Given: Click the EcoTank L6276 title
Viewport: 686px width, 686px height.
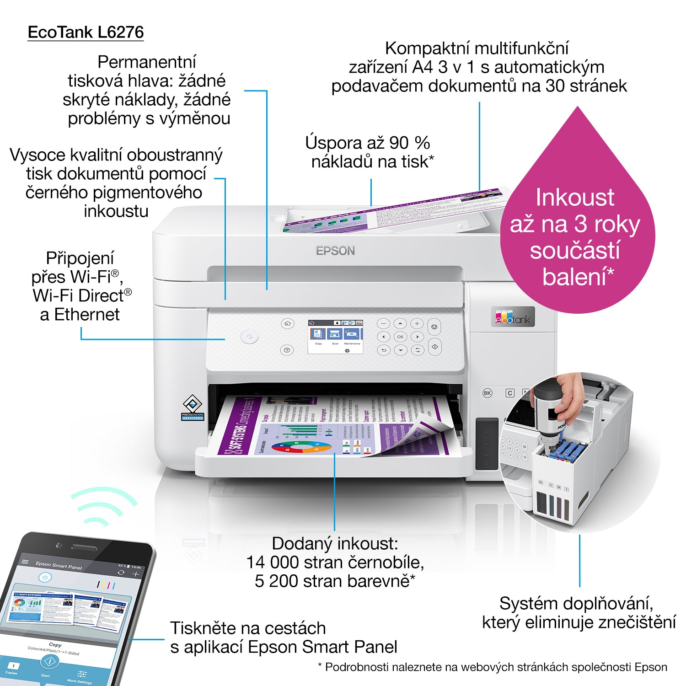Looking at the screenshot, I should pos(86,32).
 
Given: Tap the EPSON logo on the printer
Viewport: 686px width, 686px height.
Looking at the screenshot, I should pos(335,251).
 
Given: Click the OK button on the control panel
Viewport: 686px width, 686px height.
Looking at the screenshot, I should pos(400,337).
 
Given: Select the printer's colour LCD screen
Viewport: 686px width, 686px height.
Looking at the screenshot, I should pos(335,337).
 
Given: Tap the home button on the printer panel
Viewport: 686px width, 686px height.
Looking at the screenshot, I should pos(287,324).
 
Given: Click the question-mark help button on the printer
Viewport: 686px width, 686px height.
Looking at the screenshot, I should pos(287,350).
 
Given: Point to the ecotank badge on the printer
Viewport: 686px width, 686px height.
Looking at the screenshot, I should pos(513,317).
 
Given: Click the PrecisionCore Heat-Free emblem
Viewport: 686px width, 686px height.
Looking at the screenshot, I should pos(193,407).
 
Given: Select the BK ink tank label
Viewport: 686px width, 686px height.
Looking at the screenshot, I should pos(488,393).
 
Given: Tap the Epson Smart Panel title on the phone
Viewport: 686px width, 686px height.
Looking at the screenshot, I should pos(59,565).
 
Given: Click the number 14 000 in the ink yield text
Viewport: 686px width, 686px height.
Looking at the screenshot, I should pos(273,563).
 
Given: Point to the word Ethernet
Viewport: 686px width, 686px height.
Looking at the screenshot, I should pos(87,315).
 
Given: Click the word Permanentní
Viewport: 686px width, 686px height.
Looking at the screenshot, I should pos(147,62).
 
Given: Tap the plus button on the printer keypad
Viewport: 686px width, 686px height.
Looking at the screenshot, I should pos(417,324).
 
